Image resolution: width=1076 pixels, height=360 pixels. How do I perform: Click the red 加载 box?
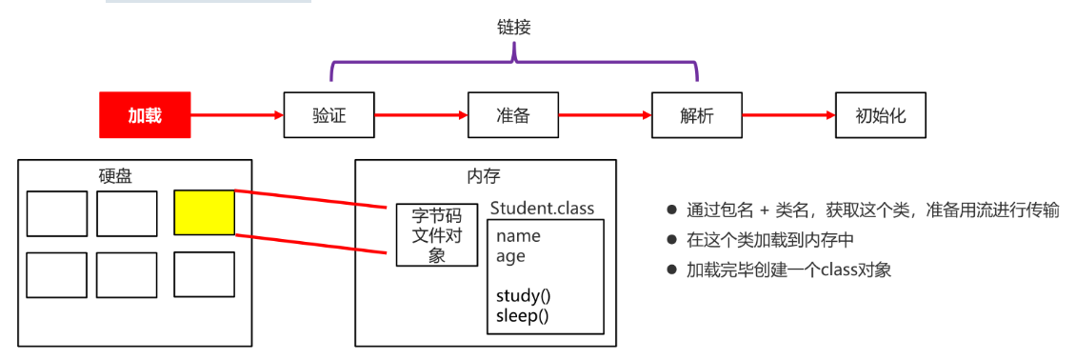click(x=145, y=115)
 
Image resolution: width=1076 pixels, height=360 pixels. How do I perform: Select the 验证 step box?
click(x=329, y=115)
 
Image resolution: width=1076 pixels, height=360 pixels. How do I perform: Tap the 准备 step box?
click(x=512, y=115)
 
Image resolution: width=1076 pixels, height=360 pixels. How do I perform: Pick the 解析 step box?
click(x=697, y=115)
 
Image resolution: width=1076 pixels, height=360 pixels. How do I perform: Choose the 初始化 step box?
click(x=880, y=115)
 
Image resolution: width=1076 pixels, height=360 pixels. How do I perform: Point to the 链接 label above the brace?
click(x=513, y=28)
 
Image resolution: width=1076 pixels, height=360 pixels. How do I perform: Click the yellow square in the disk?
click(x=204, y=212)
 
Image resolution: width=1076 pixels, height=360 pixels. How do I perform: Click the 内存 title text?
click(x=484, y=175)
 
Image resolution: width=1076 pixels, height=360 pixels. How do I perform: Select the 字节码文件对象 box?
click(x=437, y=234)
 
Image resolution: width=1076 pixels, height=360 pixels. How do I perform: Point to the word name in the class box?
click(x=518, y=235)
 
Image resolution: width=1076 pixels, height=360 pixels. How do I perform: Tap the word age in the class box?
click(x=510, y=255)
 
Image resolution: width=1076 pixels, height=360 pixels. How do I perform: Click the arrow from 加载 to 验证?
click(x=237, y=115)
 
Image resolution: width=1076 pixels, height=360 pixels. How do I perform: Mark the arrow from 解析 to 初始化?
click(x=788, y=115)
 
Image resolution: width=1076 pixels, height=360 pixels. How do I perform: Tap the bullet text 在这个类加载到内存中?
click(x=770, y=240)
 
